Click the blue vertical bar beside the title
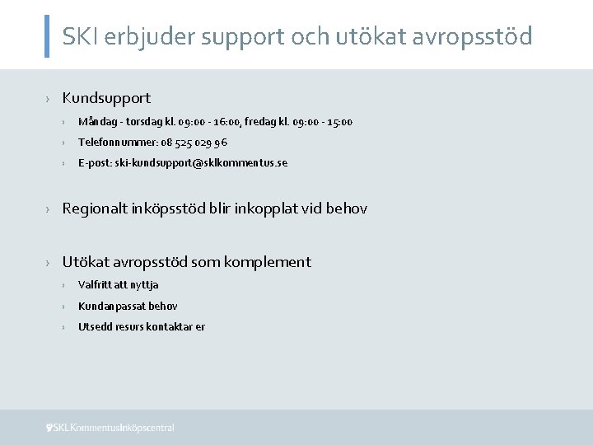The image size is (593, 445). click(46, 35)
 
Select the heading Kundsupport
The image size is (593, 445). click(106, 98)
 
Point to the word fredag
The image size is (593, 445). click(257, 122)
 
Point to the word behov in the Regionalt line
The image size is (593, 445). click(347, 209)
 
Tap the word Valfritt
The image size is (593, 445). click(94, 285)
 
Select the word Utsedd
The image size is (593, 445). click(92, 327)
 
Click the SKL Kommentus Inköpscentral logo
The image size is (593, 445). click(110, 428)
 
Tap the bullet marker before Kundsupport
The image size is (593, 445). click(49, 99)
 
